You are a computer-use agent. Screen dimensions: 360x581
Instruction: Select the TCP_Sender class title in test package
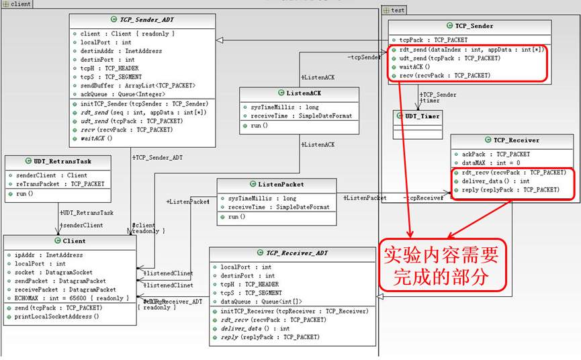474,26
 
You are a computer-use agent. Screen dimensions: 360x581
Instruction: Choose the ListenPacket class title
281,184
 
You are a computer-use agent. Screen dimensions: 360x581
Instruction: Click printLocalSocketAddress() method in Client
56,316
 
